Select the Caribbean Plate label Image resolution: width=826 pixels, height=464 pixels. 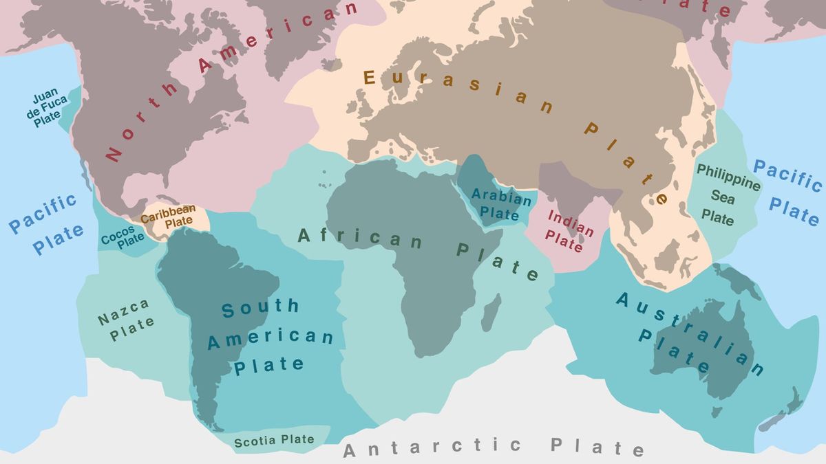click(x=169, y=216)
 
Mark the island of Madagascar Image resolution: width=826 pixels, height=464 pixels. click(x=491, y=313)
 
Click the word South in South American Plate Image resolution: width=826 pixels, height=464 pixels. click(x=260, y=308)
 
